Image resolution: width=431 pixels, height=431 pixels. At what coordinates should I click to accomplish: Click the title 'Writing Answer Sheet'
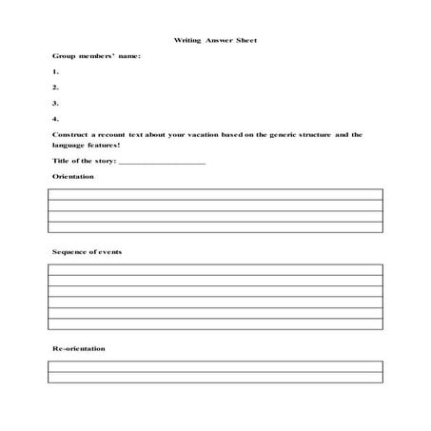coord(215,40)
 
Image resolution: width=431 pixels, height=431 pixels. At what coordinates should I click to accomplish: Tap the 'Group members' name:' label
coord(95,56)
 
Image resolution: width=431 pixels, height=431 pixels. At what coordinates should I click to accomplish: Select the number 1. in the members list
coord(55,72)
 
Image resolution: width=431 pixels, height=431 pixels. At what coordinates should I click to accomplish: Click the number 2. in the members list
coord(55,88)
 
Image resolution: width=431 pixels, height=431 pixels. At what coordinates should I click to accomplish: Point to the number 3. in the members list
coord(55,103)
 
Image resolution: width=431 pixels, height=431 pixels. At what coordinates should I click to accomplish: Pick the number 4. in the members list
coord(55,119)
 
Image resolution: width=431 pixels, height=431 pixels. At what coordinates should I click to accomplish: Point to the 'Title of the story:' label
coord(85,161)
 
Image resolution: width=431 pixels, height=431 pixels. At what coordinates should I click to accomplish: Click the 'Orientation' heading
coord(72,177)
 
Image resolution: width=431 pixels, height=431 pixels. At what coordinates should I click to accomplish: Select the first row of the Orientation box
coord(215,194)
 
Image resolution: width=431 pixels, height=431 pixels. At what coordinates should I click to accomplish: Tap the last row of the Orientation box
coord(215,226)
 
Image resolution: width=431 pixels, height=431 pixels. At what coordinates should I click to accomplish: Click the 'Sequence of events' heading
coord(87,251)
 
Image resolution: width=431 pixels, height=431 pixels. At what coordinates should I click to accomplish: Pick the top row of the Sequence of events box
coord(215,269)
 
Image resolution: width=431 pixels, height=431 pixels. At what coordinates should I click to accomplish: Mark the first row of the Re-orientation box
coord(215,365)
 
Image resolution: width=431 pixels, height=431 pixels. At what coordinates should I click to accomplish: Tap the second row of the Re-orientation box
coord(215,377)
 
